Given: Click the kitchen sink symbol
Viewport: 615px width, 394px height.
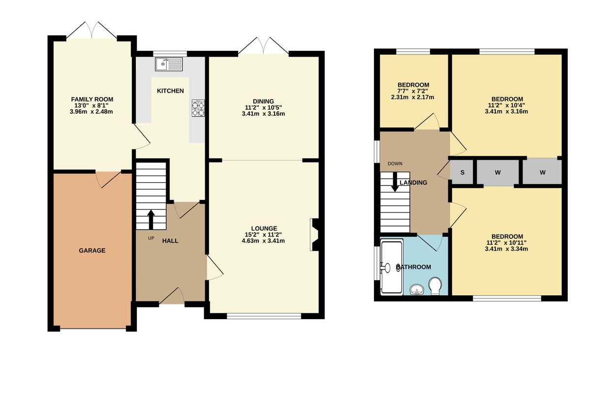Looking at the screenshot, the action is (x=169, y=64).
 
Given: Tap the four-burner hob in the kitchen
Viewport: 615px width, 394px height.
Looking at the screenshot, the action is (x=198, y=108).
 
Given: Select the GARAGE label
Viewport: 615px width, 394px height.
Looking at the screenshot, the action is (x=92, y=251).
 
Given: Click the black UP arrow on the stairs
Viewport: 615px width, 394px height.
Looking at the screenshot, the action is (x=151, y=220).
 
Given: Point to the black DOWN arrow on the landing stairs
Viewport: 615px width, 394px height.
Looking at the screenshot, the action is (x=395, y=182).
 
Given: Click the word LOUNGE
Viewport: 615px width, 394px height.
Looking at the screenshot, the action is (x=264, y=229).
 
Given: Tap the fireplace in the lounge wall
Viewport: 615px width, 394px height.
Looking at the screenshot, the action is (x=315, y=234).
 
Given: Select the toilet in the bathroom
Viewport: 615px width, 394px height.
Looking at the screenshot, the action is (x=435, y=286).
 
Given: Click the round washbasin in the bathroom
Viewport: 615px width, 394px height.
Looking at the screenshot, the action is (x=417, y=289).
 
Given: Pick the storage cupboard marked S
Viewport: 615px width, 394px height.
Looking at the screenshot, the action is (x=462, y=172).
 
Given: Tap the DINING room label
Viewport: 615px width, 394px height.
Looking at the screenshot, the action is (x=263, y=101).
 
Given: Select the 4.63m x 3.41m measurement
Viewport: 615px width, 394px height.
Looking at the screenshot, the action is (x=263, y=241).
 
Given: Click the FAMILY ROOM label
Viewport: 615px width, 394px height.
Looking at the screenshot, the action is (x=92, y=99).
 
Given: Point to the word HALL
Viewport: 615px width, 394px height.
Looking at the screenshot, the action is (x=170, y=241).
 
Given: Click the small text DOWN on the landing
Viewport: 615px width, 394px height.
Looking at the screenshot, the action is (x=395, y=164).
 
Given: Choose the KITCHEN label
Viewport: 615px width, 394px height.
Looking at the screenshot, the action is (x=170, y=91).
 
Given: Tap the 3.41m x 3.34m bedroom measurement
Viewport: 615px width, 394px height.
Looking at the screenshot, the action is (x=506, y=249).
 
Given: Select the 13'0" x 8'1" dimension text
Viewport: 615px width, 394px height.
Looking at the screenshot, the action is (x=92, y=105).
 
